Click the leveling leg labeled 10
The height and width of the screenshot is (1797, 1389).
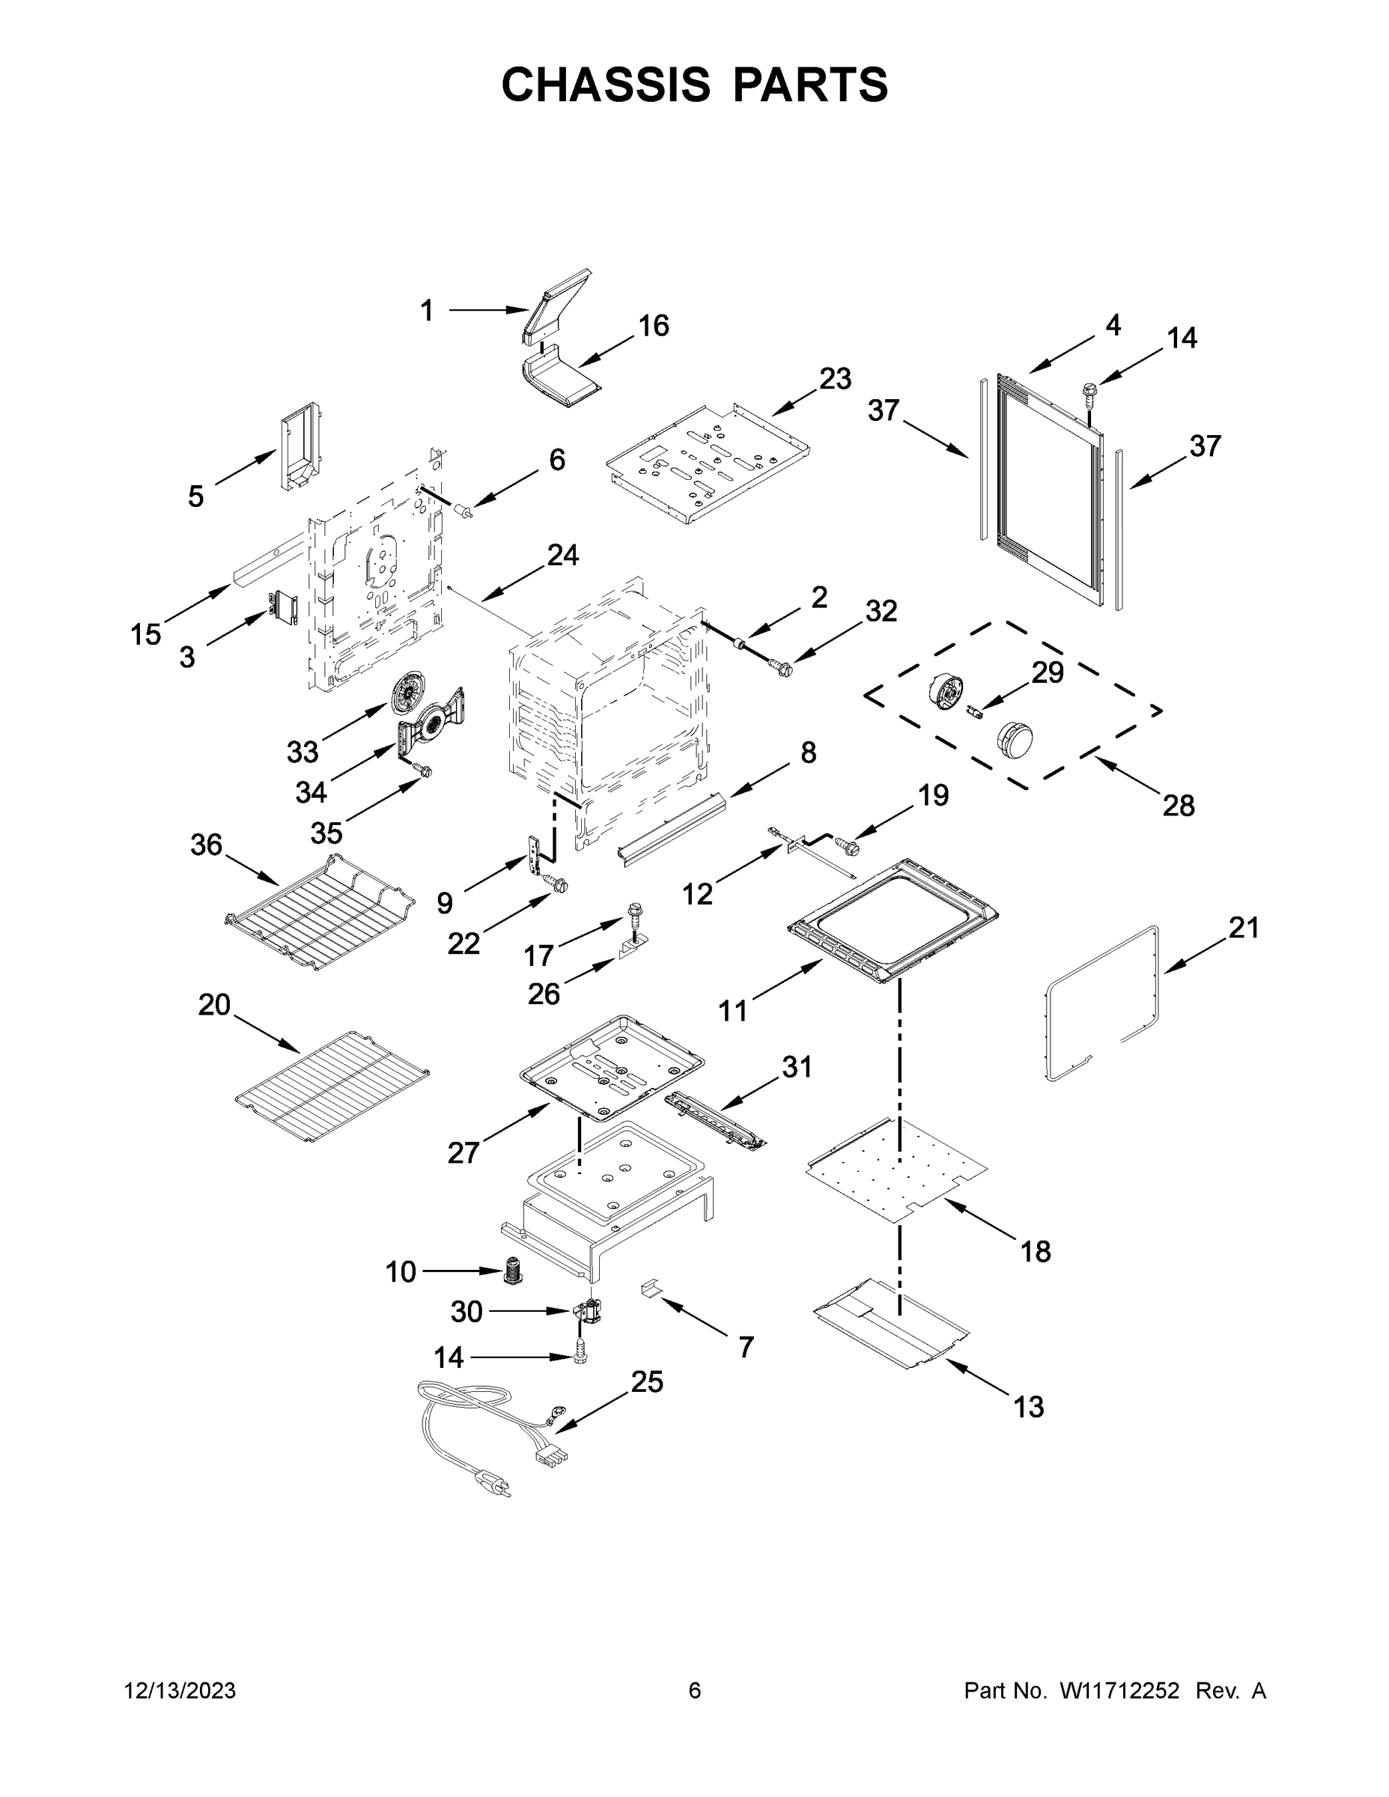[x=514, y=1271]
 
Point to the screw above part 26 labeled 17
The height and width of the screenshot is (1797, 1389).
[x=634, y=913]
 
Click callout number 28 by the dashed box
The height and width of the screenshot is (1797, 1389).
[x=1179, y=806]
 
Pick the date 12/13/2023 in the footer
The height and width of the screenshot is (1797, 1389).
[x=180, y=1691]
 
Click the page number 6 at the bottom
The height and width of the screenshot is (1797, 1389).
[x=695, y=1691]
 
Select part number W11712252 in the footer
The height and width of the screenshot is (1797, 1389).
[x=1119, y=1691]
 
